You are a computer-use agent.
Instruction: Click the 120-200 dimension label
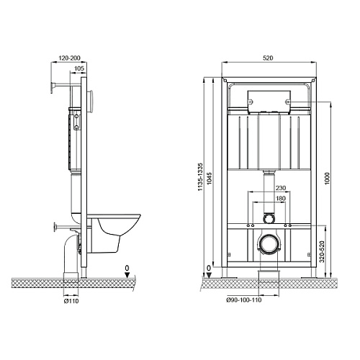(69, 57)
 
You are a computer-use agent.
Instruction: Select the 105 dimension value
(80, 68)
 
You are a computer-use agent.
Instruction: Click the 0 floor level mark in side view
(126, 270)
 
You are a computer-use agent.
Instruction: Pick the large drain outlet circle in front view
(268, 245)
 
